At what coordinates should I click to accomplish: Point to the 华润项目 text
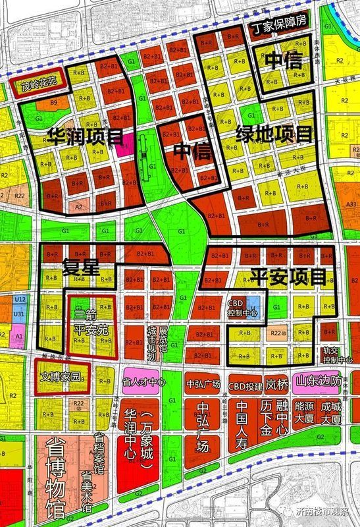point(85,136)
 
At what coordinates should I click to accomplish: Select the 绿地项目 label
point(274,136)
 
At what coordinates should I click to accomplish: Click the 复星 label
point(80,267)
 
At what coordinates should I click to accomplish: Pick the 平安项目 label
point(286,275)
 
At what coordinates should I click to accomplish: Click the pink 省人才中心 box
point(141,382)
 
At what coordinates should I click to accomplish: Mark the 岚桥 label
point(277,385)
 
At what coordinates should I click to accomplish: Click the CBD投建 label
point(245,385)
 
